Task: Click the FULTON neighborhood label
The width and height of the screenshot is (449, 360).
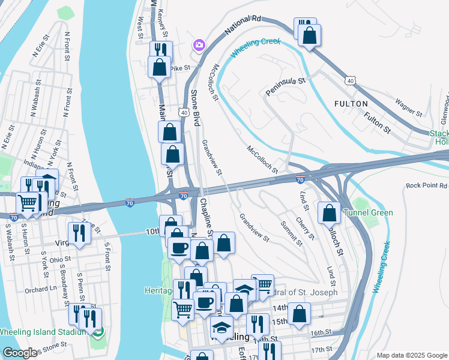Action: (351, 104)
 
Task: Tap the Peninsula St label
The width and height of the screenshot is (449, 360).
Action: (286, 87)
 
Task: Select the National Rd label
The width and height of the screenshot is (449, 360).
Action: (244, 26)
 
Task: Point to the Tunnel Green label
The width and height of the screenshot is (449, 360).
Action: (368, 213)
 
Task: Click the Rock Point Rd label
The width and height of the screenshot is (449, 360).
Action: (426, 186)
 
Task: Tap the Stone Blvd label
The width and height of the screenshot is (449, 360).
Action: (194, 107)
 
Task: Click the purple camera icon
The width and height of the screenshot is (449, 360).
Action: (199, 45)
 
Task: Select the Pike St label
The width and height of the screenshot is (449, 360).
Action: (179, 68)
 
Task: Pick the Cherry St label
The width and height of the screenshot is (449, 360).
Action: (306, 229)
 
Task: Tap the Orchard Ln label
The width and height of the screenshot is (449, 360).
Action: (41, 289)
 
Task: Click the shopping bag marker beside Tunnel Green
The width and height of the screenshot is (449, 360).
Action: (330, 213)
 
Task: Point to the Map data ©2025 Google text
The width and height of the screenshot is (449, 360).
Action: (412, 355)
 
